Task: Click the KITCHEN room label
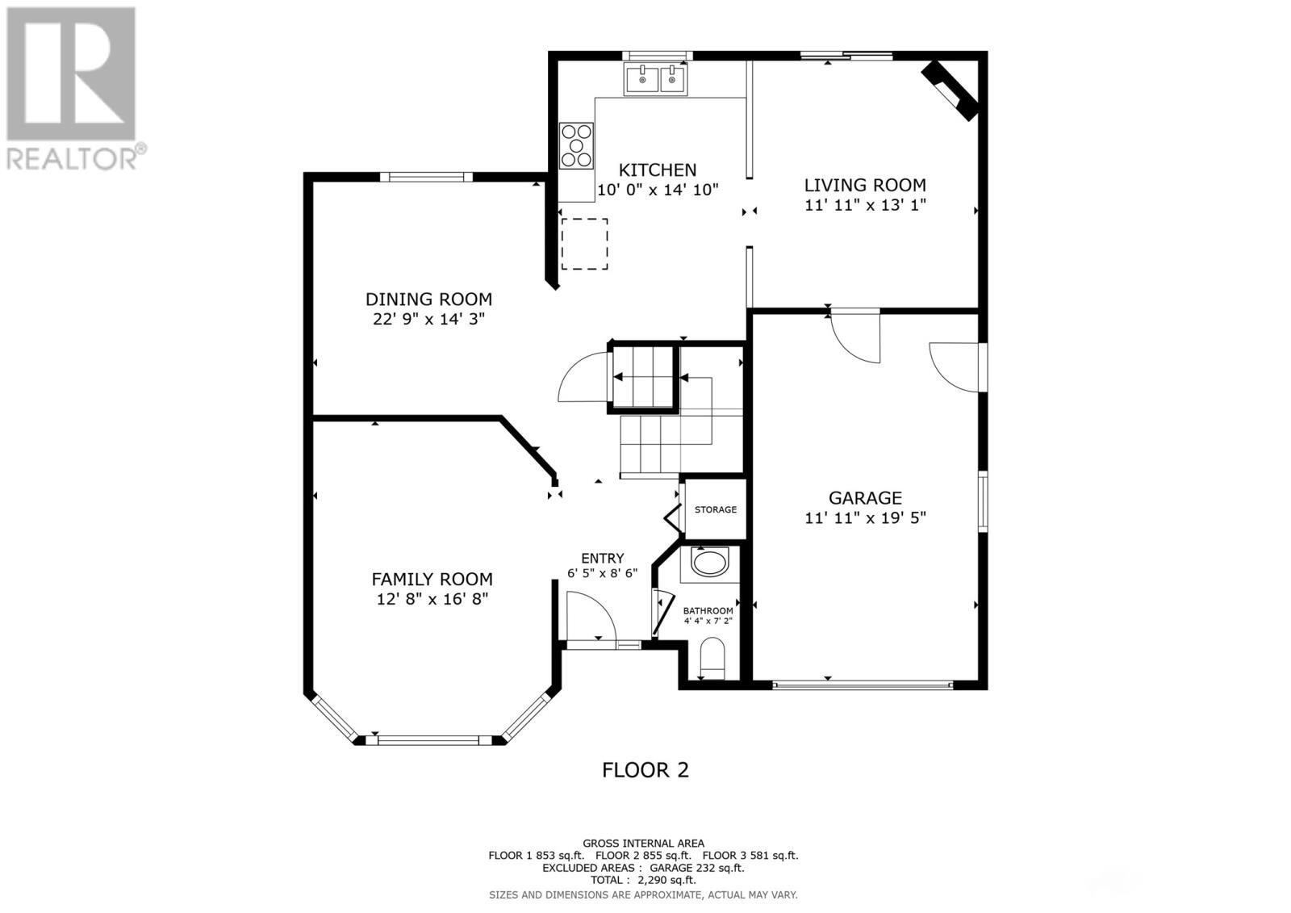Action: [x=657, y=170]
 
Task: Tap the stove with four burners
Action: [x=576, y=145]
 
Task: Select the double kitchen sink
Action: [x=655, y=79]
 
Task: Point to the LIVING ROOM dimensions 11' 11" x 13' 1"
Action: [x=864, y=205]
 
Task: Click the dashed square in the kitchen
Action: [x=584, y=243]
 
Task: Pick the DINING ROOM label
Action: [x=428, y=299]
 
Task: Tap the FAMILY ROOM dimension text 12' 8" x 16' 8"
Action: [x=432, y=599]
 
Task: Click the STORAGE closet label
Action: [x=715, y=509]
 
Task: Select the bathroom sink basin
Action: [x=710, y=563]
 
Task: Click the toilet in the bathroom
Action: [x=712, y=658]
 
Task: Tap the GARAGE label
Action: [x=865, y=498]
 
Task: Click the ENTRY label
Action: [x=602, y=559]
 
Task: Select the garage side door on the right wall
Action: [x=956, y=367]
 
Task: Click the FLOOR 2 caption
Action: [x=645, y=769]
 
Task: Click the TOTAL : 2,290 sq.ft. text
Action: [x=642, y=880]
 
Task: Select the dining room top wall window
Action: [x=425, y=177]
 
